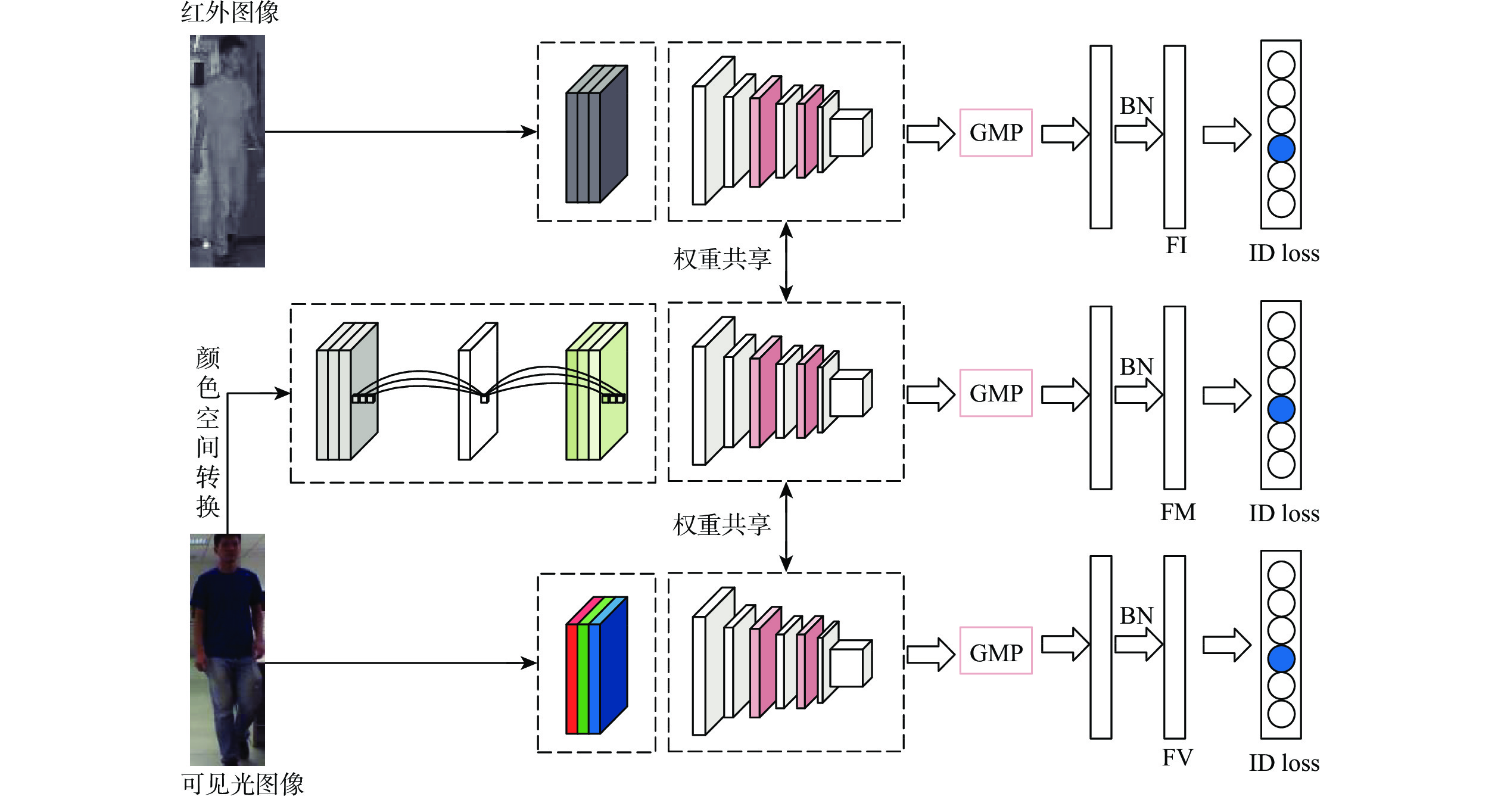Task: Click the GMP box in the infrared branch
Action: click(995, 133)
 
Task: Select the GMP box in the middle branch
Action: click(995, 393)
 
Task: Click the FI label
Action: click(1176, 245)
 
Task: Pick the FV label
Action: click(1177, 758)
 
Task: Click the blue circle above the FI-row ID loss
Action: click(1281, 148)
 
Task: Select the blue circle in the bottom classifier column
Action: click(1281, 659)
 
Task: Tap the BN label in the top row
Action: click(1136, 106)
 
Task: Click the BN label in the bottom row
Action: click(1136, 616)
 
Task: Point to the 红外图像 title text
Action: click(230, 12)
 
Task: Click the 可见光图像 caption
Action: click(242, 784)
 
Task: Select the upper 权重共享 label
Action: click(722, 259)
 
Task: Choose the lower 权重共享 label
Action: click(722, 525)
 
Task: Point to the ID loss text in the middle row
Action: click(1284, 513)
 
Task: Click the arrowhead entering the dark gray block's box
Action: click(529, 132)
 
